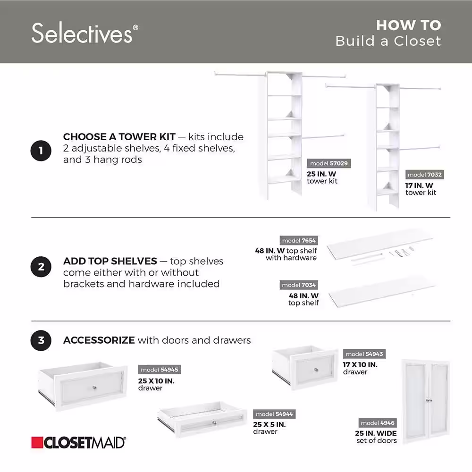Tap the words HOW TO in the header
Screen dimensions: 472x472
click(x=408, y=25)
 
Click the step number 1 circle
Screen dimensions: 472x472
click(x=41, y=151)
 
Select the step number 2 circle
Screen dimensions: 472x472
click(x=41, y=267)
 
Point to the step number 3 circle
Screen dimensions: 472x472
click(x=41, y=340)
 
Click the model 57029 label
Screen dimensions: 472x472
click(x=329, y=163)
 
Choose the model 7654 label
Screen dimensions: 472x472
click(x=299, y=241)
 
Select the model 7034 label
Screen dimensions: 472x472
click(x=299, y=285)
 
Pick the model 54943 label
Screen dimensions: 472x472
click(x=364, y=354)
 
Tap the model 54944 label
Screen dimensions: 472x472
click(x=274, y=414)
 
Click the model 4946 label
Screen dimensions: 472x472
click(x=378, y=423)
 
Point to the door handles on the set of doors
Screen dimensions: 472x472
click(x=429, y=400)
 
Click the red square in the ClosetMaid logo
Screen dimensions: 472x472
click(x=37, y=443)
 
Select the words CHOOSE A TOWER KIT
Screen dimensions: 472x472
click(x=119, y=137)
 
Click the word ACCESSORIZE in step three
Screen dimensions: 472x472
click(x=99, y=340)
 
